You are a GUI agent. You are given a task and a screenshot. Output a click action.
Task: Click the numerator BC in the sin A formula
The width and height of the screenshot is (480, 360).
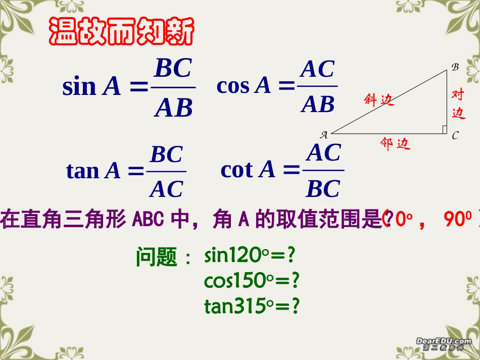point(173,69)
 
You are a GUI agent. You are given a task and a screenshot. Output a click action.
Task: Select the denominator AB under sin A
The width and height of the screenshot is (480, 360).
point(173,108)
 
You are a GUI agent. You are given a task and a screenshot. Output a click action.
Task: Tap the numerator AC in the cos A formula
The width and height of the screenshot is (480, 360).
point(317,70)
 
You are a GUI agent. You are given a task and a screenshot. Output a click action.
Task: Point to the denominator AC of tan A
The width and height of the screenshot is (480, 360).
point(166,189)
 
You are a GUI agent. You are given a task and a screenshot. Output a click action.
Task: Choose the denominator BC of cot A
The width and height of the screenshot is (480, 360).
point(323,189)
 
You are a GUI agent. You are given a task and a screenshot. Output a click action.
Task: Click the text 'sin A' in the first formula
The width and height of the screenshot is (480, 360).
point(91,87)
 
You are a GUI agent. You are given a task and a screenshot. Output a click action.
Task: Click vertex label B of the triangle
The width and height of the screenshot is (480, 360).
point(454,66)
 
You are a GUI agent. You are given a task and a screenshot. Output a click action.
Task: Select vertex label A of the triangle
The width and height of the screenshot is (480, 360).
point(324,134)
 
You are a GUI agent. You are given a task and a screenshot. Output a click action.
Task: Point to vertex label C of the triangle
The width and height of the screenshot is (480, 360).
point(455,135)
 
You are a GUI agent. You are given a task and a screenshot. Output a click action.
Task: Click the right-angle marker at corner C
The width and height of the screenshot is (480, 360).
point(444,130)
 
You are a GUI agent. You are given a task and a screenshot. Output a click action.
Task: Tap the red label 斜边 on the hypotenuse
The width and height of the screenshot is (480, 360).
point(378,99)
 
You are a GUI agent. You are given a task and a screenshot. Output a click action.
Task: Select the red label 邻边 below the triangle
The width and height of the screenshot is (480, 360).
point(395,145)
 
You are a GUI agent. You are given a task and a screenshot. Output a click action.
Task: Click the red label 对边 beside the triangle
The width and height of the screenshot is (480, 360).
point(458,104)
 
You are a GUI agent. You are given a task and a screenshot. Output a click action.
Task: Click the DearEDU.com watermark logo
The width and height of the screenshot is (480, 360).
point(444,344)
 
